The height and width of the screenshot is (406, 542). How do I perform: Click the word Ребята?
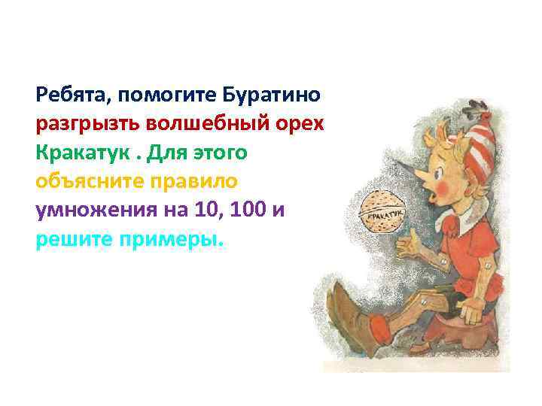63,96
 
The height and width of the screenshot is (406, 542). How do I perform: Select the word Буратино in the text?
273,96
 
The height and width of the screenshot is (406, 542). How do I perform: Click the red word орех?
301,125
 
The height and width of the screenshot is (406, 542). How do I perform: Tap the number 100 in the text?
248,211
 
